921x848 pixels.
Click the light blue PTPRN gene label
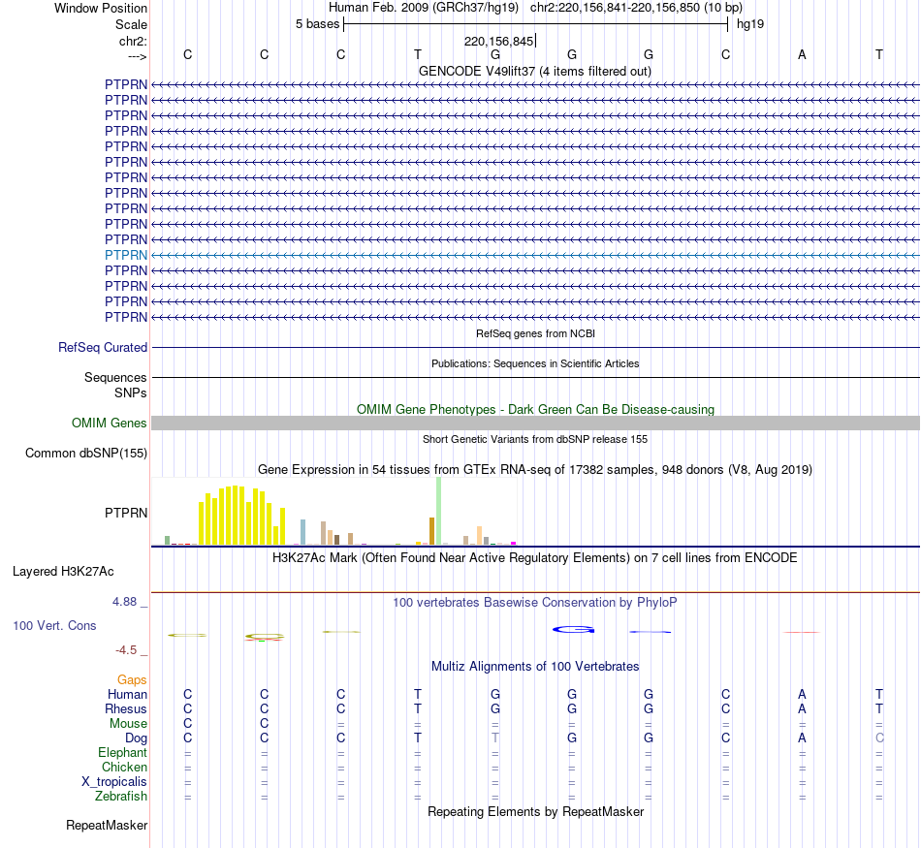[x=126, y=255]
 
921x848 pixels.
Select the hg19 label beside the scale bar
[x=750, y=24]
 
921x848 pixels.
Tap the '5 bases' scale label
[x=317, y=24]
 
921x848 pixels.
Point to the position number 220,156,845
[x=498, y=42]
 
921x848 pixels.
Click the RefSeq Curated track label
[x=102, y=347]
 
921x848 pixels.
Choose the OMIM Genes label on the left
[x=110, y=423]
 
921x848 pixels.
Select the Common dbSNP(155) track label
[x=86, y=453]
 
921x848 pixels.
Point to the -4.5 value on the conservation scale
[x=128, y=650]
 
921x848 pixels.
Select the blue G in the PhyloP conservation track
[x=573, y=630]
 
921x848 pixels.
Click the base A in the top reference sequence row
[x=802, y=54]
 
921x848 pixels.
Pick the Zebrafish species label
[x=121, y=797]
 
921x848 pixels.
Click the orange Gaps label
[x=132, y=680]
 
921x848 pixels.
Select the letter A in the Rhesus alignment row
[x=802, y=708]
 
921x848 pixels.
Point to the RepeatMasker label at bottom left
[x=107, y=826]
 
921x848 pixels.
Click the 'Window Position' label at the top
[x=101, y=8]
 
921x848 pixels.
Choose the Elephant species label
[x=122, y=753]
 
